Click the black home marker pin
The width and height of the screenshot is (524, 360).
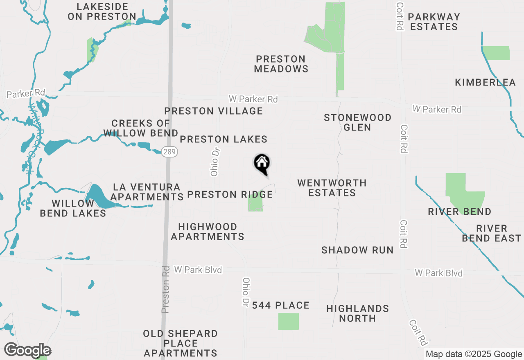tap(262, 164)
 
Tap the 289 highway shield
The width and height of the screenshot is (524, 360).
tap(169, 152)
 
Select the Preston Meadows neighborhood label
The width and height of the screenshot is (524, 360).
tap(281, 64)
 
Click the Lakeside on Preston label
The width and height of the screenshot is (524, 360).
tap(102, 11)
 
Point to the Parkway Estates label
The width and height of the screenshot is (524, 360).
tap(434, 22)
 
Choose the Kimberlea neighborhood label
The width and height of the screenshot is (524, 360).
tap(485, 83)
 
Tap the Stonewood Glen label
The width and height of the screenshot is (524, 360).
tap(357, 122)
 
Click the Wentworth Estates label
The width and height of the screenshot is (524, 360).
tap(332, 188)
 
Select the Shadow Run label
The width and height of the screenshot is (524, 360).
tap(357, 250)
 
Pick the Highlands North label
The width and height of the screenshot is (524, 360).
tap(357, 313)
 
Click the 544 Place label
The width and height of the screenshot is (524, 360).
tap(280, 306)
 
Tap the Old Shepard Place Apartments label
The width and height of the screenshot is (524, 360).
tap(180, 343)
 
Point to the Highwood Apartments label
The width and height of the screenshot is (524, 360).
tap(208, 232)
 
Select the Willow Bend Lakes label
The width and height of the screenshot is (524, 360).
tap(73, 208)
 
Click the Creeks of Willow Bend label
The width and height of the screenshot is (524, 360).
tap(140, 128)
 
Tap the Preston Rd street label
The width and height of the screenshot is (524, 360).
tap(166, 290)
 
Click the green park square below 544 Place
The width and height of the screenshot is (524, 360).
tap(288, 321)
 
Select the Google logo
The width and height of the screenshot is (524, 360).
tap(27, 351)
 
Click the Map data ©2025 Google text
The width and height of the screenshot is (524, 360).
tap(474, 354)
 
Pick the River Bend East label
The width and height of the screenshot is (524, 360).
tap(491, 233)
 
